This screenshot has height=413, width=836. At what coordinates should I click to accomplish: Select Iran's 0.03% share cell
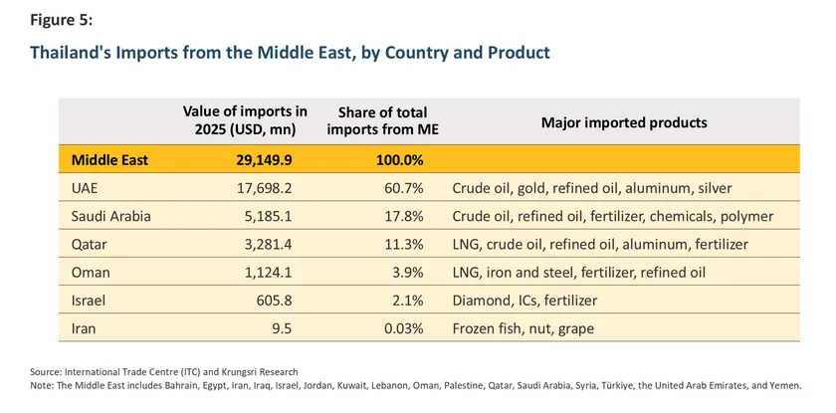click(404, 327)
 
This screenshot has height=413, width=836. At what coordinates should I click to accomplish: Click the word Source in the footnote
click(46, 371)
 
